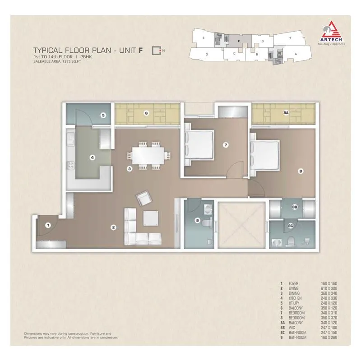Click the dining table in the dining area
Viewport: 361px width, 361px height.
point(149,156)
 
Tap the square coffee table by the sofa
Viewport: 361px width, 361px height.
point(151,218)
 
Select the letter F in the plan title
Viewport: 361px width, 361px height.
point(141,50)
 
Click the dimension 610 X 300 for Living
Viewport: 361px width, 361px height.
point(328,288)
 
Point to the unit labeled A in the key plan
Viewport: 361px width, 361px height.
point(296,53)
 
